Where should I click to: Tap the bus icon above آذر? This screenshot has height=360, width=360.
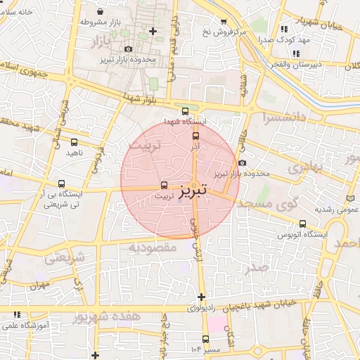[x=195, y=136]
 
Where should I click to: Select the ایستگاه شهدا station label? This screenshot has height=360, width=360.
[x=184, y=122]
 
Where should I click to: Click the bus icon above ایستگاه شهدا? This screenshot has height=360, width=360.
[x=184, y=111]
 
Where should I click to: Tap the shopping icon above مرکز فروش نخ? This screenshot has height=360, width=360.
[x=224, y=22]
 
